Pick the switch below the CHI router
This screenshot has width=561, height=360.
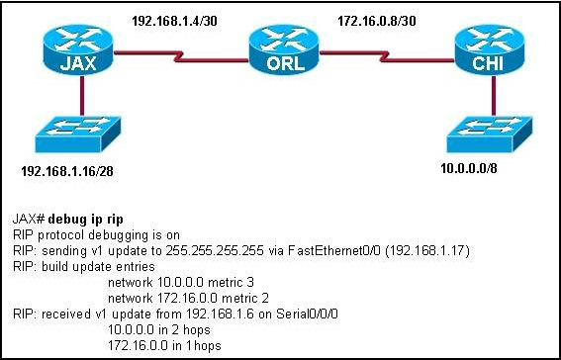click(x=480, y=134)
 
